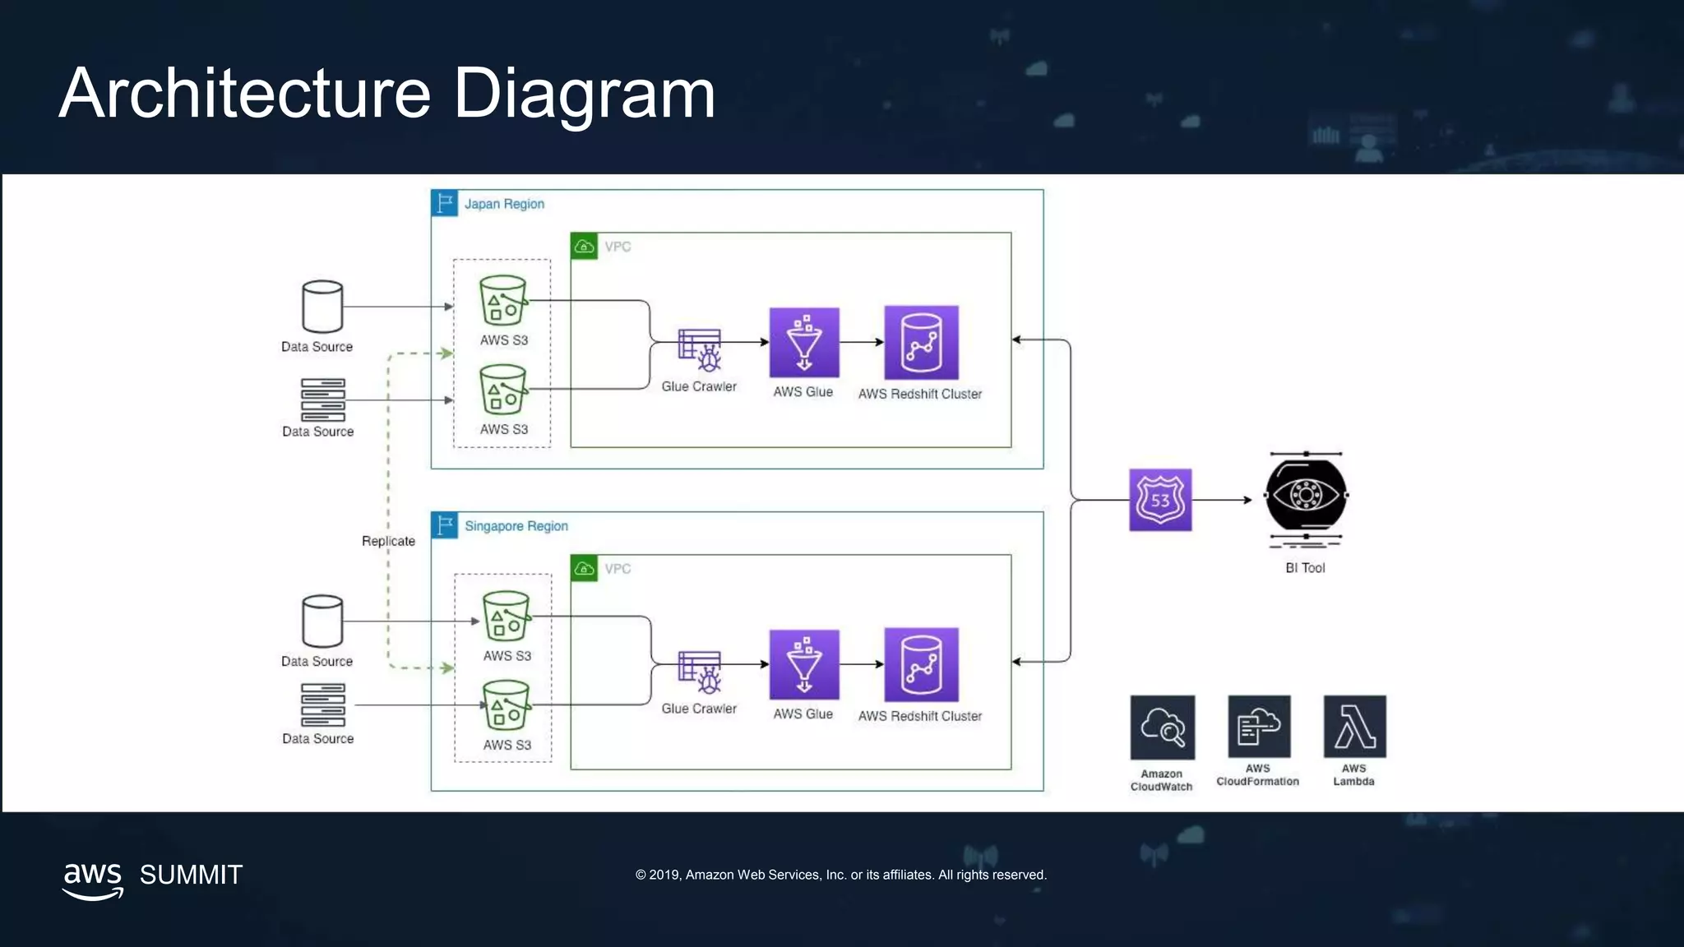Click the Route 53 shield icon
pos(1159,500)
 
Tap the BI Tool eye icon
pos(1305,496)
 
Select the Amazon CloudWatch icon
pos(1162,727)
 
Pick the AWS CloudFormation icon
pos(1258,726)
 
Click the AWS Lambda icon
pos(1354,726)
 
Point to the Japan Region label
pos(503,204)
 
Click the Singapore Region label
pos(516,526)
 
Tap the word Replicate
pos(388,541)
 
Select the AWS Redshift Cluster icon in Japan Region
pos(921,342)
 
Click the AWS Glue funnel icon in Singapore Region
pos(804,664)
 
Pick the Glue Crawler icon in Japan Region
pos(700,349)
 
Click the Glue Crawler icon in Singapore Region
pos(700,672)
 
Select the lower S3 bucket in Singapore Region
pos(507,704)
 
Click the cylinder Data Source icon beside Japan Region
pos(322,306)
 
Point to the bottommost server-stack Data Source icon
pos(322,704)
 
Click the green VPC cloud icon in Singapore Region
pos(584,568)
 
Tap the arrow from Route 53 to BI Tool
pos(1222,500)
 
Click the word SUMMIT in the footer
pos(191,875)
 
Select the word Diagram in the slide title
pos(584,93)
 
